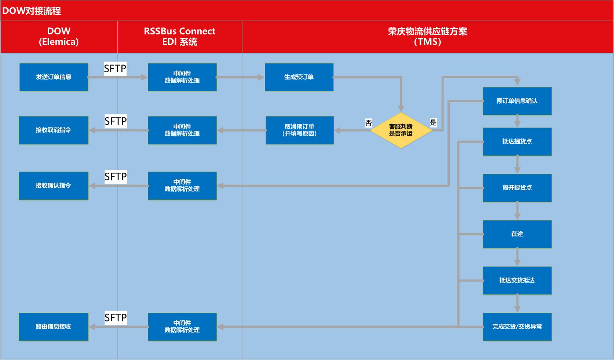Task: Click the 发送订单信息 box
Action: [54, 77]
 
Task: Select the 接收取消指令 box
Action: [54, 130]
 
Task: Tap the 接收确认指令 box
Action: [54, 185]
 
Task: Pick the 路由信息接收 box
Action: [54, 327]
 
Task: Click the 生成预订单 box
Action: [299, 77]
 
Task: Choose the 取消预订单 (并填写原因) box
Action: [300, 130]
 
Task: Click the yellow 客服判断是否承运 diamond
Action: [401, 130]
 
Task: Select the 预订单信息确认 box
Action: [517, 101]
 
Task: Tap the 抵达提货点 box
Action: [517, 142]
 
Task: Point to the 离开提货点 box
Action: [517, 188]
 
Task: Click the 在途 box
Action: [517, 234]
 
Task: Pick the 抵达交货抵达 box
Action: [517, 280]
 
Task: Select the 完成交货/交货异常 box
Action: [517, 327]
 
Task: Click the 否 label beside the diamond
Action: [369, 123]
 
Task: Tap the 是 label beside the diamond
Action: [433, 122]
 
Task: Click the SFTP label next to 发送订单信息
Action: [115, 69]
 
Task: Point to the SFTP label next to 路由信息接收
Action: [116, 317]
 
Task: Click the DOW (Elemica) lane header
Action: [59, 37]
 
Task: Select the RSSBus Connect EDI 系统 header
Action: [180, 37]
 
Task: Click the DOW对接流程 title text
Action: [32, 11]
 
